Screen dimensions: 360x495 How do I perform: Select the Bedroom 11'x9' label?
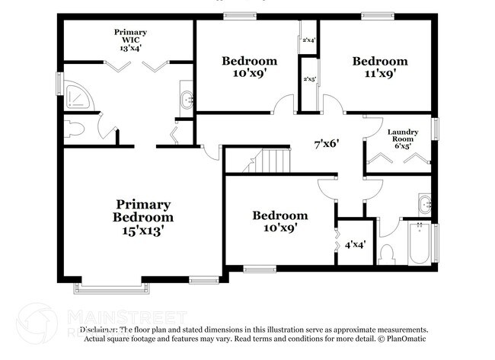tap(378, 61)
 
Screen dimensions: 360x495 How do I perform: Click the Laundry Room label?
tap(404, 134)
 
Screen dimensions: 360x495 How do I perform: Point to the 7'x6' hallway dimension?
tap(327, 142)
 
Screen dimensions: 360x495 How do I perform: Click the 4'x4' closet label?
tap(355, 245)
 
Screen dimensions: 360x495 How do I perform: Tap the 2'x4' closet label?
tap(309, 40)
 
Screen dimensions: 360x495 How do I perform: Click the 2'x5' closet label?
tap(309, 78)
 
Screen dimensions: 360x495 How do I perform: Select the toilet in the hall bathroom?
tap(387, 253)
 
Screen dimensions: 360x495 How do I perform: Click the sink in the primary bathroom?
tap(187, 98)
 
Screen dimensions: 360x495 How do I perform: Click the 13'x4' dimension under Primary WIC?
tap(130, 47)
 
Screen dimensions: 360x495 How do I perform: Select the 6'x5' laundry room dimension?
tap(404, 146)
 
